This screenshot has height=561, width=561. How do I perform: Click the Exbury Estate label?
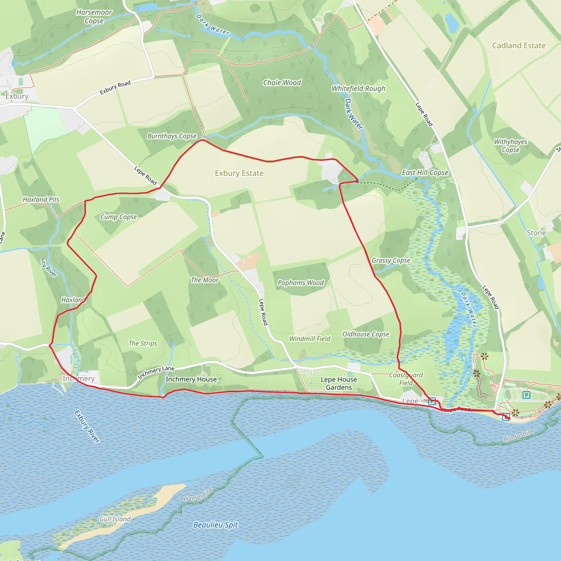(x=239, y=173)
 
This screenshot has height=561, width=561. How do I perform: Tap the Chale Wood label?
(x=282, y=83)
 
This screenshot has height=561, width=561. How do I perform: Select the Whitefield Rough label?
(x=359, y=88)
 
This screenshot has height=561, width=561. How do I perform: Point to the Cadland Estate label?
(x=519, y=45)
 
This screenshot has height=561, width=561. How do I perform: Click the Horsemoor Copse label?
(x=94, y=16)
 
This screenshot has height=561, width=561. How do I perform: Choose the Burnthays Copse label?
(x=172, y=136)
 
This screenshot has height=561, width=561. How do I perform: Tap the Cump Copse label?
(x=118, y=217)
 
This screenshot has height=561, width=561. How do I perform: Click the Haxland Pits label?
(x=41, y=199)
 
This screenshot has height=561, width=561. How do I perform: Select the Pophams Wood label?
(x=300, y=283)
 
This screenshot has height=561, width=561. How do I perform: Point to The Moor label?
(x=204, y=280)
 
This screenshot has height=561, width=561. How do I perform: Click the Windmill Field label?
(x=310, y=339)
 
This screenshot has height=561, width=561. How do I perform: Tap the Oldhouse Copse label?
(x=366, y=334)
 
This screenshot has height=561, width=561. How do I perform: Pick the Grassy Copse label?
(x=391, y=261)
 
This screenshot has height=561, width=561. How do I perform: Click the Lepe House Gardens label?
(x=339, y=383)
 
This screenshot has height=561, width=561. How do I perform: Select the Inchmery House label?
(x=191, y=379)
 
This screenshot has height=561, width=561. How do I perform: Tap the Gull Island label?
(x=115, y=519)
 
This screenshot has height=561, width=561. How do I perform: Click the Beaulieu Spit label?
(x=216, y=525)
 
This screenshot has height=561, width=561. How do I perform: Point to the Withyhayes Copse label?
(x=511, y=146)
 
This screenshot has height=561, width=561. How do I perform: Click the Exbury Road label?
(x=115, y=88)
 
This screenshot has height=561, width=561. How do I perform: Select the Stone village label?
(x=536, y=233)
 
